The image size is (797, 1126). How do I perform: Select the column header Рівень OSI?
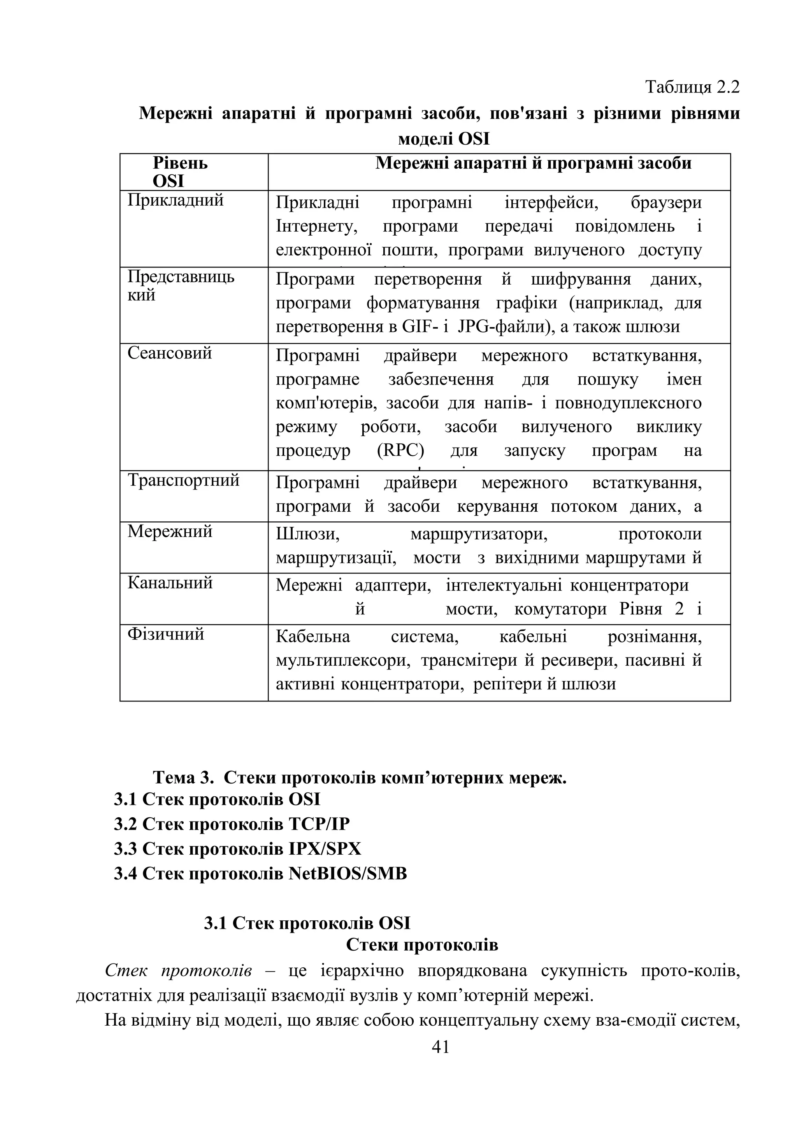click(x=180, y=171)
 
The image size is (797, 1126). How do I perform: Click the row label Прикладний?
click(x=175, y=200)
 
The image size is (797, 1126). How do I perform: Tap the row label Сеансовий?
click(x=169, y=353)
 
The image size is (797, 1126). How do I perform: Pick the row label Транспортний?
click(x=184, y=480)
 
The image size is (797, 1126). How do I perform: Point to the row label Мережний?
click(x=170, y=531)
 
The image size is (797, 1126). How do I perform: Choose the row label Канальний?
click(x=170, y=582)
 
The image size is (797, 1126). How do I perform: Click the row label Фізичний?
click(x=165, y=634)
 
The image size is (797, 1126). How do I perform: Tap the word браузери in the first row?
click(x=666, y=202)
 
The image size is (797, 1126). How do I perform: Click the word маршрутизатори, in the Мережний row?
click(x=479, y=534)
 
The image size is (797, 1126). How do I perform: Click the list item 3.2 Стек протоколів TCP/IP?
click(x=232, y=824)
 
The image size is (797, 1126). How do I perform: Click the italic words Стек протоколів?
click(x=179, y=970)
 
